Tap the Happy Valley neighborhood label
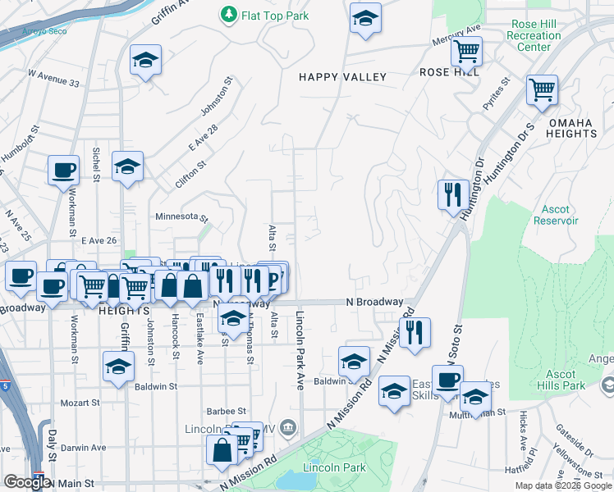tap(342, 77)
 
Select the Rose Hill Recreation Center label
tap(534, 35)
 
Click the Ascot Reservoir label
tap(556, 215)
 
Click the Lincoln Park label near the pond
tap(322, 468)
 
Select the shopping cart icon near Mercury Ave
tap(466, 51)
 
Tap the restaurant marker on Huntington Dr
tap(452, 195)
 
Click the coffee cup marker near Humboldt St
tap(63, 171)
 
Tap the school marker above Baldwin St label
tap(353, 361)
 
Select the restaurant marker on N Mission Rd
tap(415, 333)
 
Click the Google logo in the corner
tap(27, 482)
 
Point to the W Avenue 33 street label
tap(53, 79)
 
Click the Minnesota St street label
tap(182, 217)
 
